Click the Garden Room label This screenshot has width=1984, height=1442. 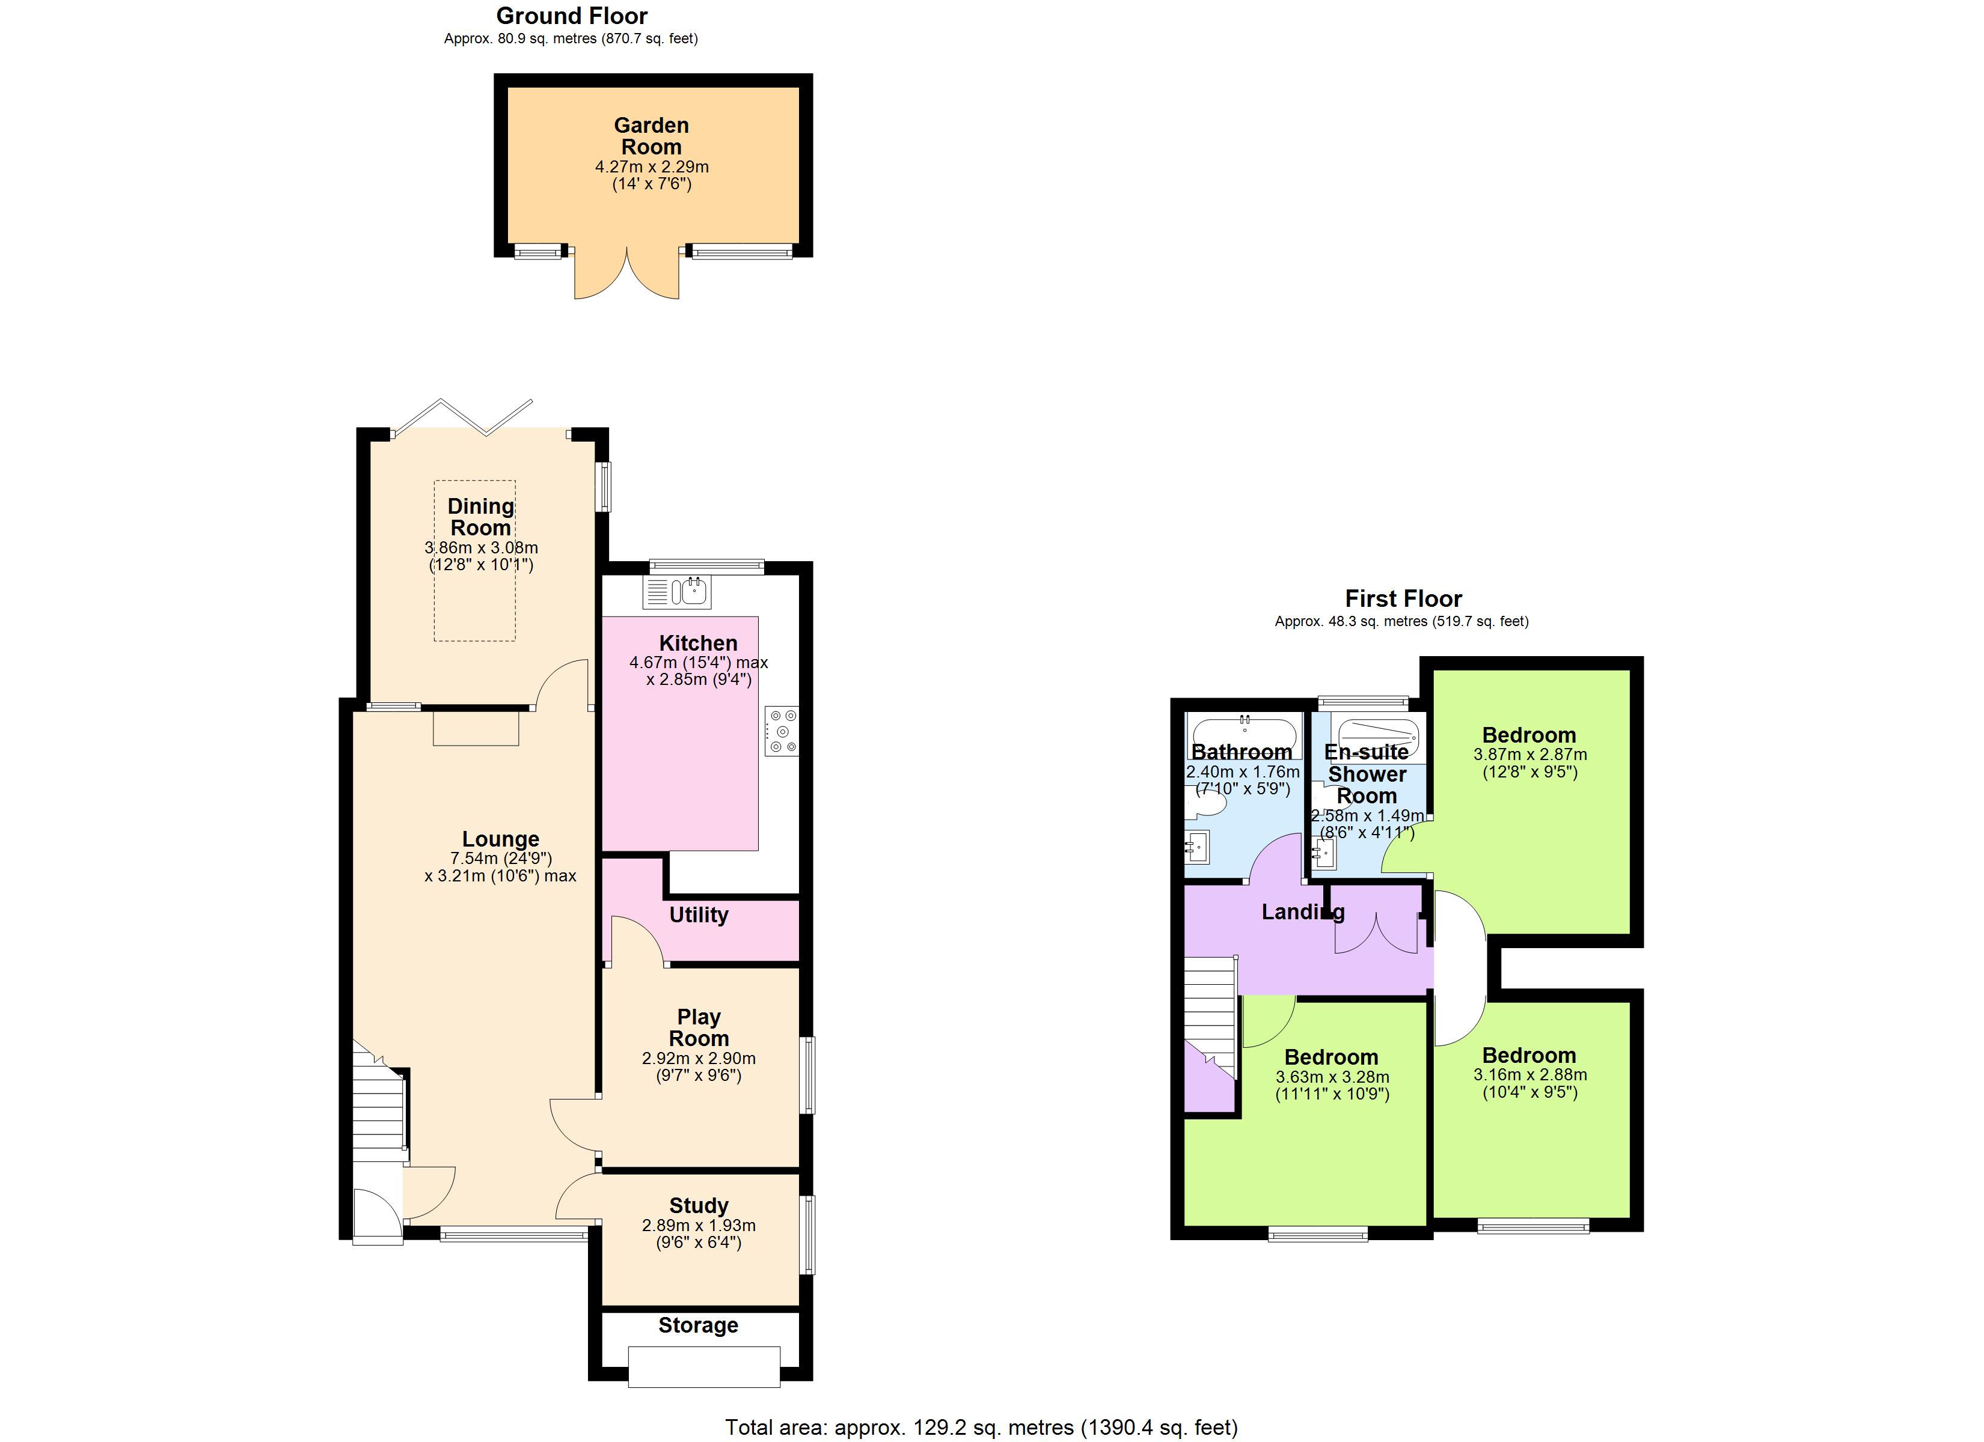coord(651,136)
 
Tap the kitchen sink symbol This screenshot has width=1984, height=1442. coord(678,592)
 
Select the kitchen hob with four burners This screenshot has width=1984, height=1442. coord(781,731)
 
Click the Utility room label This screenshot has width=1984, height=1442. coord(698,914)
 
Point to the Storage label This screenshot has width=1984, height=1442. coord(698,1325)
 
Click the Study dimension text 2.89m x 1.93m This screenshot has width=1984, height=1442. coord(698,1225)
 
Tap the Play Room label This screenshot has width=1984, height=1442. coord(698,1027)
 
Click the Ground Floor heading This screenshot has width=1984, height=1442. coord(571,16)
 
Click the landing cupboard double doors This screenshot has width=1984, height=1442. coord(1375,933)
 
